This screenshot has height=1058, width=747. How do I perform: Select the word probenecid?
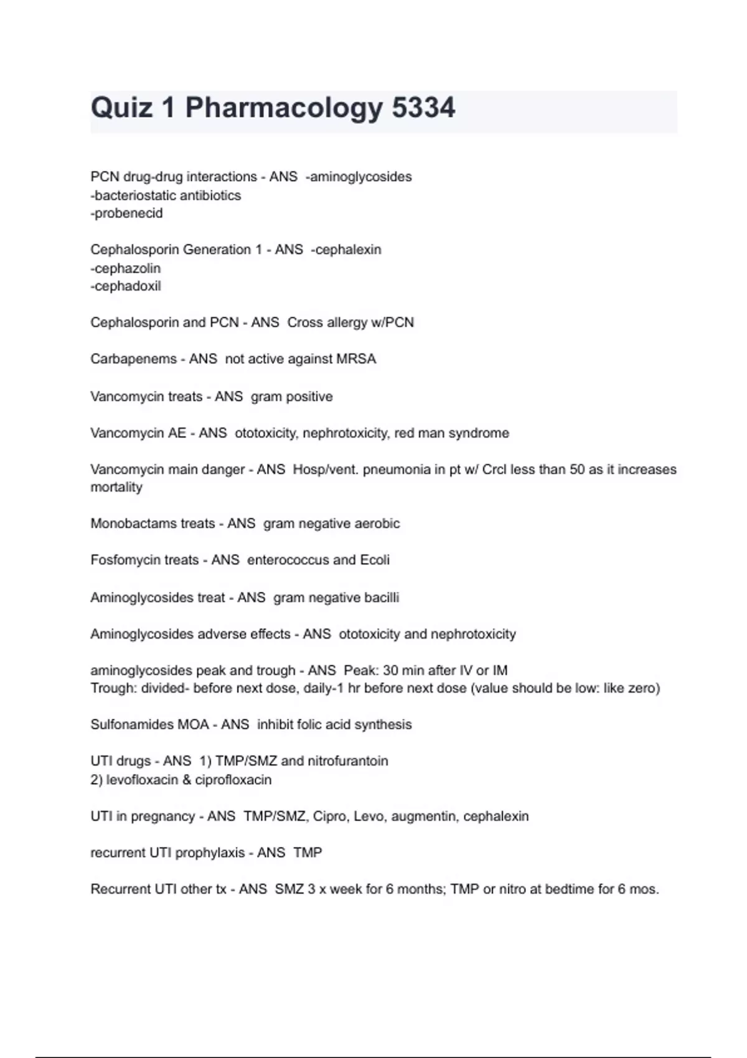point(128,213)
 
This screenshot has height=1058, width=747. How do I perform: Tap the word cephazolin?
point(127,268)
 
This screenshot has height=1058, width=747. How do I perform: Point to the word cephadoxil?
point(127,286)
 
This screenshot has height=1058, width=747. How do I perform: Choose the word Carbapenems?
point(133,359)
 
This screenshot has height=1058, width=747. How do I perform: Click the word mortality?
point(116,487)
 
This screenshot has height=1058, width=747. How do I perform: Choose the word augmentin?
point(424,816)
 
